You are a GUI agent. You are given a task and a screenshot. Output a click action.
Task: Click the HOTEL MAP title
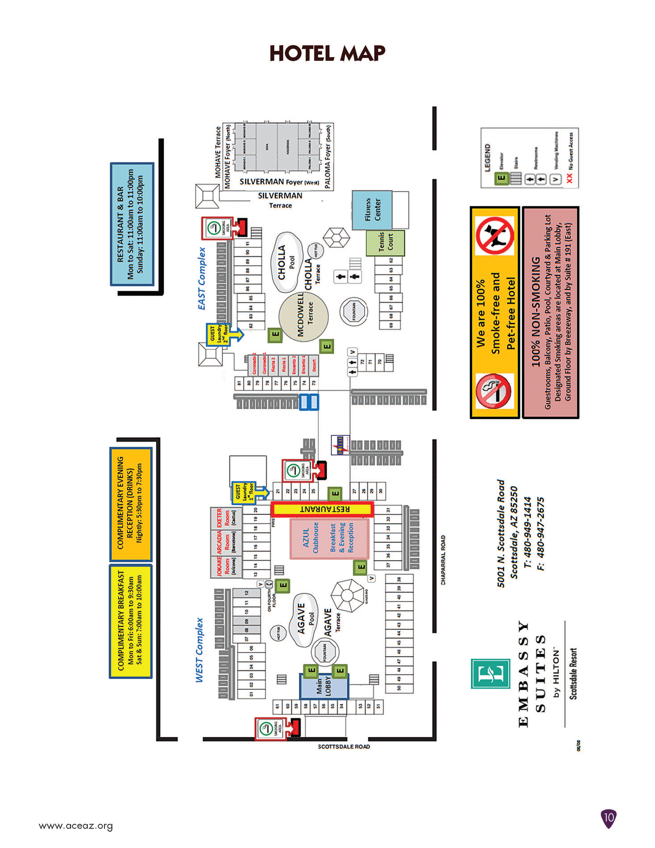click(327, 53)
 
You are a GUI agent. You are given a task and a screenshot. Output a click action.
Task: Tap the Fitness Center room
click(372, 210)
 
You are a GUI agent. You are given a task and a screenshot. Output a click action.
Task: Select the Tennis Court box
click(385, 243)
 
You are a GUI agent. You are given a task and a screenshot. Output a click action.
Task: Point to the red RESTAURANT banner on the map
click(322, 509)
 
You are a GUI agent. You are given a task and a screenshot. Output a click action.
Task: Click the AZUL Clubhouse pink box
click(329, 539)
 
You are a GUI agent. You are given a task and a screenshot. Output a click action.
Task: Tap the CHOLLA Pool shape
click(288, 262)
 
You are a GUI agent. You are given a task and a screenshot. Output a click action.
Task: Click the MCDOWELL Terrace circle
click(303, 317)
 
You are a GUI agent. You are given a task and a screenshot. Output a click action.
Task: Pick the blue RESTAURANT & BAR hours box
click(132, 224)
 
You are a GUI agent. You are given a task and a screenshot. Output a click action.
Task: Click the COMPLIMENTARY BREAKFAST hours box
click(130, 621)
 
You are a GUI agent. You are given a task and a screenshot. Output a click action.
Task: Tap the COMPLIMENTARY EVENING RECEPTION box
click(130, 504)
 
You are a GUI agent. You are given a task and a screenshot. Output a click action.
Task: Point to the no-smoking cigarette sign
click(494, 391)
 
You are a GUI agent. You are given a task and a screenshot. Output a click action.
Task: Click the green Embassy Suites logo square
click(490, 673)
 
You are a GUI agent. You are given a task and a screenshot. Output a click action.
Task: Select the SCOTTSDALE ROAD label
click(344, 746)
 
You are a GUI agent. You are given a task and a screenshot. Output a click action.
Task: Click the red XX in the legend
click(569, 178)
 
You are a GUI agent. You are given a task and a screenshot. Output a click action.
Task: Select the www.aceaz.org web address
click(76, 825)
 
